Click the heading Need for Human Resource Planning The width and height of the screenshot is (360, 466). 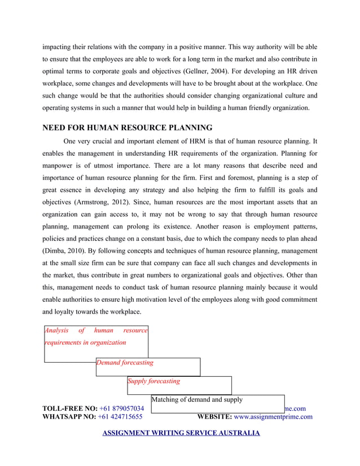(x=128, y=128)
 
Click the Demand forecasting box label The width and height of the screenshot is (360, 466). (x=125, y=363)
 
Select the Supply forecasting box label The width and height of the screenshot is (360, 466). (x=154, y=381)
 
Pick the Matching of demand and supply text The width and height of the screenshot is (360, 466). (x=197, y=399)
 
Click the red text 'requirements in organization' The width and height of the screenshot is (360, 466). (x=85, y=342)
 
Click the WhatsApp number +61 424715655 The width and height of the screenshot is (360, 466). (x=120, y=417)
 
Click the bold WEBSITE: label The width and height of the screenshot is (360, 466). (x=214, y=417)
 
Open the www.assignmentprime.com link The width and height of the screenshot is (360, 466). (x=273, y=417)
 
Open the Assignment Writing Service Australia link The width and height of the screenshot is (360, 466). (x=181, y=433)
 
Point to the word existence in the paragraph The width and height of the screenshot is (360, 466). (x=169, y=227)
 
